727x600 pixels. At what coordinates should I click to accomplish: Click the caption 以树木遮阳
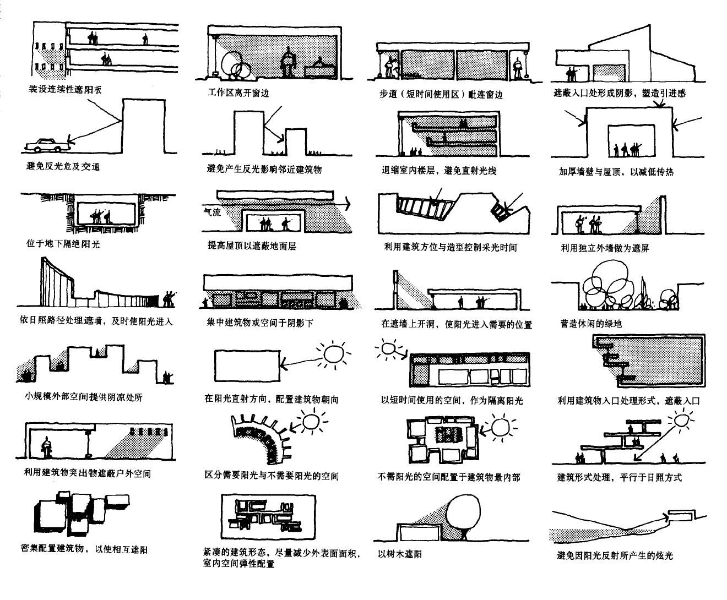point(400,555)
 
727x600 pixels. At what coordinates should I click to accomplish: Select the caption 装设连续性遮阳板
point(65,89)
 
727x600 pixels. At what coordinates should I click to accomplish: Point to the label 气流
point(212,211)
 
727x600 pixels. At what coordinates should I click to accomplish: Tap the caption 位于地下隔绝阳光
point(63,243)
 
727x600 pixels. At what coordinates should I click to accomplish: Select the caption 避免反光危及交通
point(63,166)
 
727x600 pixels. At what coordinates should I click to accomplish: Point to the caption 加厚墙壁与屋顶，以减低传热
point(616,172)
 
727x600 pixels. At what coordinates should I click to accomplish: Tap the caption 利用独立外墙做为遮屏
point(605,248)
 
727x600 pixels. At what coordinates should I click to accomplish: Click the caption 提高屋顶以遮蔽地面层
point(252,246)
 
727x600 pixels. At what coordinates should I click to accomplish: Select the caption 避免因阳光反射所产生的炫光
point(615,555)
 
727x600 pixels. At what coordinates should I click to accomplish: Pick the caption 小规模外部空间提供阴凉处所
point(83,397)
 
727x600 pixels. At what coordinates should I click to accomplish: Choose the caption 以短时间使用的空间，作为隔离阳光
point(452,400)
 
